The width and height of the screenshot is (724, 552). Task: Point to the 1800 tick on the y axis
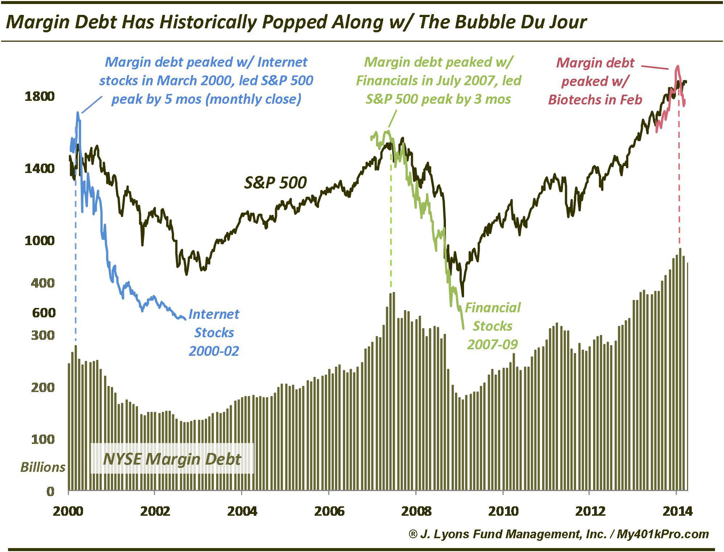point(39,96)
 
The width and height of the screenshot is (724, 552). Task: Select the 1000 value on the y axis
point(39,240)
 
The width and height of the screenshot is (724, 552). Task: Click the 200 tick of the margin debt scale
point(42,387)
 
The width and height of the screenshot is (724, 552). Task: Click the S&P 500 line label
point(275,182)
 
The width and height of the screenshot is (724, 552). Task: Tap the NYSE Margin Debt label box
point(172,459)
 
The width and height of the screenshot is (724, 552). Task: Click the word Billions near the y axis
point(43,467)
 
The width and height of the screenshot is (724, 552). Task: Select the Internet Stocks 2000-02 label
point(214,332)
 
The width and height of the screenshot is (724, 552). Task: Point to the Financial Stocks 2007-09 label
point(492,326)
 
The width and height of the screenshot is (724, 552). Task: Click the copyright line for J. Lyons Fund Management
point(558,534)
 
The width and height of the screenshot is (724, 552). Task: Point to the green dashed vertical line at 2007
point(390,225)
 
